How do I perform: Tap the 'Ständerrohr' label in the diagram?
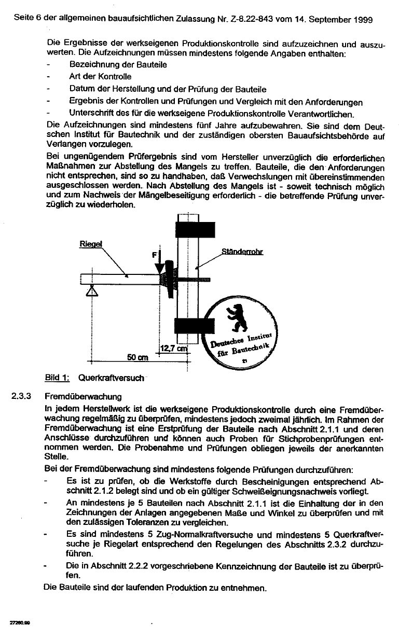coord(242,253)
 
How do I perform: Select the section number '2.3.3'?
coord(22,396)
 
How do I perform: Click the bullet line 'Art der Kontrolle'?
coord(100,77)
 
